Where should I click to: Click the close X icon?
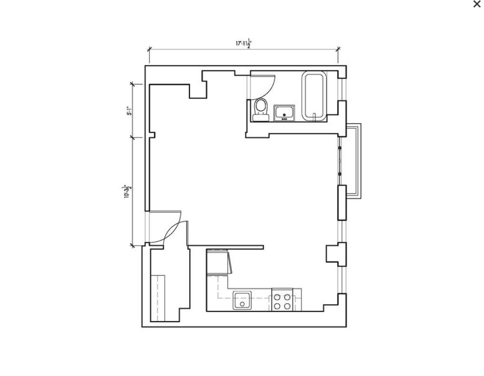click(476, 4)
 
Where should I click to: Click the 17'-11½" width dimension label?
click(244, 44)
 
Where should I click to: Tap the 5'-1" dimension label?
click(128, 111)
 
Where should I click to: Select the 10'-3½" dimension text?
click(127, 191)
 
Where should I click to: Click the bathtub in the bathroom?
click(314, 95)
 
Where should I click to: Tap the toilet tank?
click(260, 118)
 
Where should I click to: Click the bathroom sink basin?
click(284, 113)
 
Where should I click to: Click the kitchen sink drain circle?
click(242, 304)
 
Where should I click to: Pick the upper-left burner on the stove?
click(277, 297)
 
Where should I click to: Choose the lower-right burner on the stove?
click(287, 306)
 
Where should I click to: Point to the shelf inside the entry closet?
click(158, 297)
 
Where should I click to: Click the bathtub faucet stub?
click(314, 115)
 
